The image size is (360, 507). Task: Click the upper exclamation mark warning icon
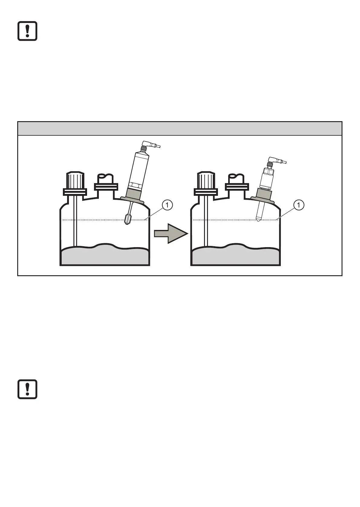pos(27,31)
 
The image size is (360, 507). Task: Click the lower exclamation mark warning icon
pos(27,389)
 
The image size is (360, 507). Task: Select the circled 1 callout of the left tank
pos(167,205)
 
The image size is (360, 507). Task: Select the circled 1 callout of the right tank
pos(299,205)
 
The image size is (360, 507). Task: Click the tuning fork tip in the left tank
pos(127,219)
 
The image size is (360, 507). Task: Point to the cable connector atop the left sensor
pos(150,146)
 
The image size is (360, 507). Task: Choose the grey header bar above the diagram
pos(180,128)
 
